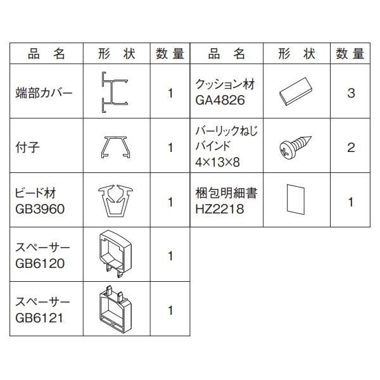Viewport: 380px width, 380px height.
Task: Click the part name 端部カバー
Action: pos(44,93)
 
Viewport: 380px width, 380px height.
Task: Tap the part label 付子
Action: pos(27,148)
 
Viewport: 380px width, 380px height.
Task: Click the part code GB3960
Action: pos(40,209)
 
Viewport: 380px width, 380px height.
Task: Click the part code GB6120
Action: pos(40,263)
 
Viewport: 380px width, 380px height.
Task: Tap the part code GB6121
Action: pos(39,318)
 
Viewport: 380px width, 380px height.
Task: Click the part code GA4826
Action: pos(220,100)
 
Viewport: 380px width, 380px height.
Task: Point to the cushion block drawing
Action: pos(296,91)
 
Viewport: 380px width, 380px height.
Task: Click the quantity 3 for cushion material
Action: pos(351,93)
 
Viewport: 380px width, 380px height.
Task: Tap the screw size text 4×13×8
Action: pos(217,162)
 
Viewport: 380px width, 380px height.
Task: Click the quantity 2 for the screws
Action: pos(351,148)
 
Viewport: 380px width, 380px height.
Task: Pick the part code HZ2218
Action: pos(220,209)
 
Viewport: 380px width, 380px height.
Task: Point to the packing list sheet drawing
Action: pos(296,199)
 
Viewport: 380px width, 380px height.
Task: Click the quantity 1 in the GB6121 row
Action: pos(170,310)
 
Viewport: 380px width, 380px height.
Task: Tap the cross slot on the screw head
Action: pos(285,153)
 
